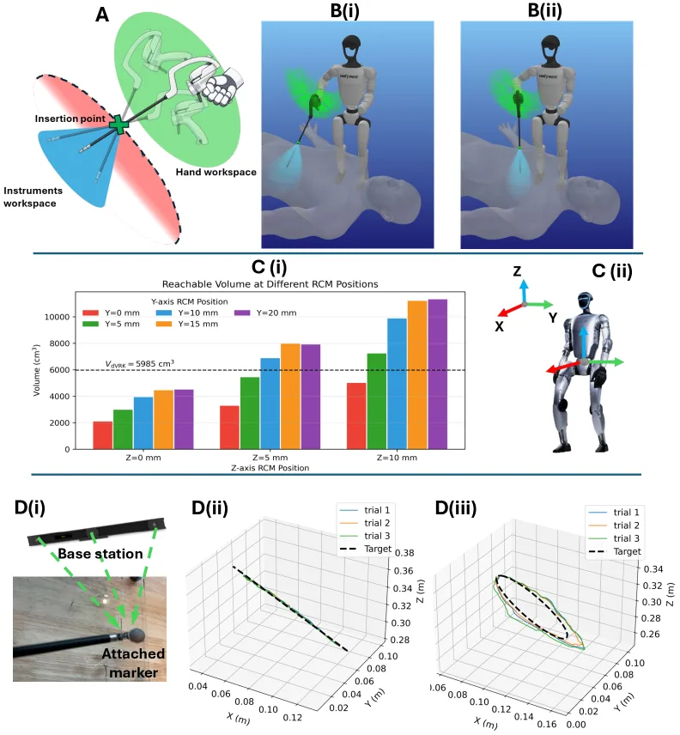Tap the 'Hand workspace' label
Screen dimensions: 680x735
click(216, 172)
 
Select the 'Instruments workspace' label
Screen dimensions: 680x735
click(33, 197)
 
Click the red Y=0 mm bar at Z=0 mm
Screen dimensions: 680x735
click(103, 435)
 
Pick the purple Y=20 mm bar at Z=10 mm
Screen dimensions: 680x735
click(438, 374)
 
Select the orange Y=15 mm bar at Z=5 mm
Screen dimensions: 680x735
click(290, 397)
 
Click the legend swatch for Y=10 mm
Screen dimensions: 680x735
click(163, 313)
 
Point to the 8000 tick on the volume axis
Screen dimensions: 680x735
click(58, 343)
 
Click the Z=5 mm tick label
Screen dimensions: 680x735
click(270, 458)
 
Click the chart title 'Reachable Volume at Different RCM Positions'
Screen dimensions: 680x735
click(270, 284)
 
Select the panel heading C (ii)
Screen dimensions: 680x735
click(612, 271)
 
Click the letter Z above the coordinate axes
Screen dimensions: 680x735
click(517, 271)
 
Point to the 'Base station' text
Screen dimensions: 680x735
click(100, 554)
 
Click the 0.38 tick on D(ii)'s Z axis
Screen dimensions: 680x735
click(404, 553)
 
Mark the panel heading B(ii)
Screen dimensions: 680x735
click(544, 10)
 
